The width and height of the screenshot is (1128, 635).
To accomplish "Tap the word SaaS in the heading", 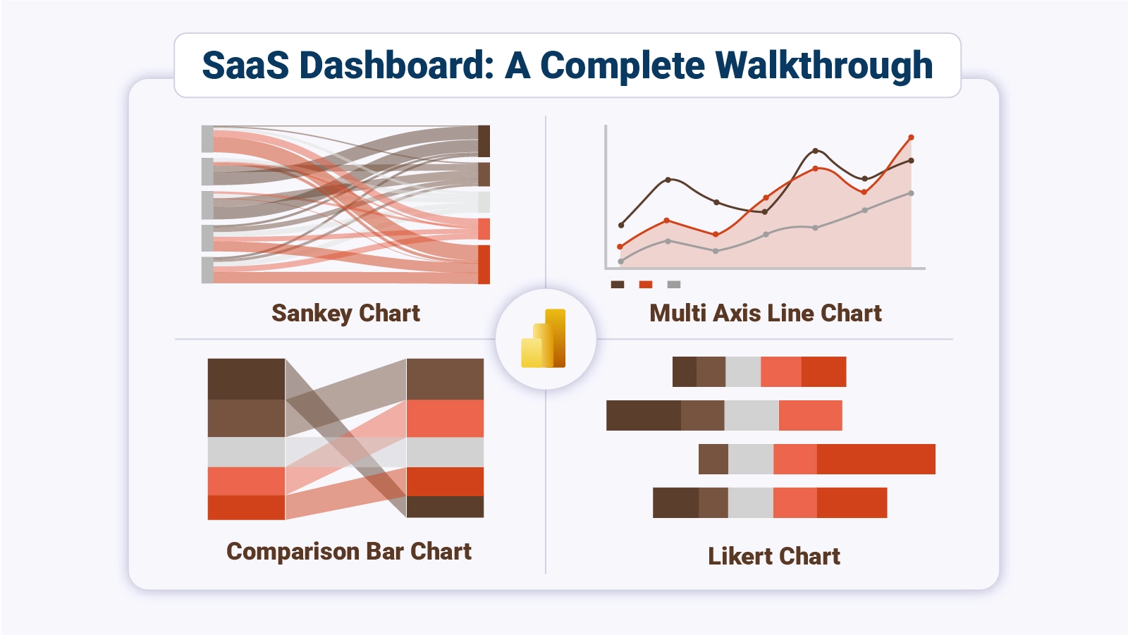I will pyautogui.click(x=245, y=66).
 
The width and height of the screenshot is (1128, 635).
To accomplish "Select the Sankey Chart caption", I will pyautogui.click(x=345, y=313).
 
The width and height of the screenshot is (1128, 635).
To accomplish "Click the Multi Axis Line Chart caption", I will pyautogui.click(x=765, y=313).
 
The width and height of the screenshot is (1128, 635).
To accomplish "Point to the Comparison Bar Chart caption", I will pyautogui.click(x=349, y=551).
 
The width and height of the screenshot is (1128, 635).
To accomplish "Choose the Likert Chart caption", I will pyautogui.click(x=773, y=556).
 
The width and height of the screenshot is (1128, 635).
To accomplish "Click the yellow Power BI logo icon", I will pyautogui.click(x=544, y=339).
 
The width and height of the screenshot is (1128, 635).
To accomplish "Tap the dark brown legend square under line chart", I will pyautogui.click(x=618, y=285).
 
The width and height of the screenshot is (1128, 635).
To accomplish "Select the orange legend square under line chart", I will pyautogui.click(x=646, y=285).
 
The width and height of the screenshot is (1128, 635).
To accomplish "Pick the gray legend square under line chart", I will pyautogui.click(x=674, y=285).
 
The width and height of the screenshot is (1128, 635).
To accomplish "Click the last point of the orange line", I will pyautogui.click(x=912, y=137).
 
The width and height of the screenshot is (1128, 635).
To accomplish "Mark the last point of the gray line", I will pyautogui.click(x=912, y=193).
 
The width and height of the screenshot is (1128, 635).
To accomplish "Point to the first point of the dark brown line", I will pyautogui.click(x=621, y=226).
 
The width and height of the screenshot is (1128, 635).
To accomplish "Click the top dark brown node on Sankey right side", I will pyautogui.click(x=484, y=141).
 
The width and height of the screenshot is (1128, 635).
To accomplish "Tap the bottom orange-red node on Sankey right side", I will pyautogui.click(x=484, y=264).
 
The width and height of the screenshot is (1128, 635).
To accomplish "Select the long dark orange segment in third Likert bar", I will pyautogui.click(x=876, y=459).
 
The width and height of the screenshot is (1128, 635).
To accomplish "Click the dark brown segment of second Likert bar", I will pyautogui.click(x=643, y=416).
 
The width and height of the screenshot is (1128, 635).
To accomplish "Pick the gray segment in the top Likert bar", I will pyautogui.click(x=743, y=371).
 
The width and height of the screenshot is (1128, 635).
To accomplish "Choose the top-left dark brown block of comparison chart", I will pyautogui.click(x=246, y=379).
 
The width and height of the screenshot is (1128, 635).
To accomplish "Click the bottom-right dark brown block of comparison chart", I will pyautogui.click(x=445, y=507).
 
